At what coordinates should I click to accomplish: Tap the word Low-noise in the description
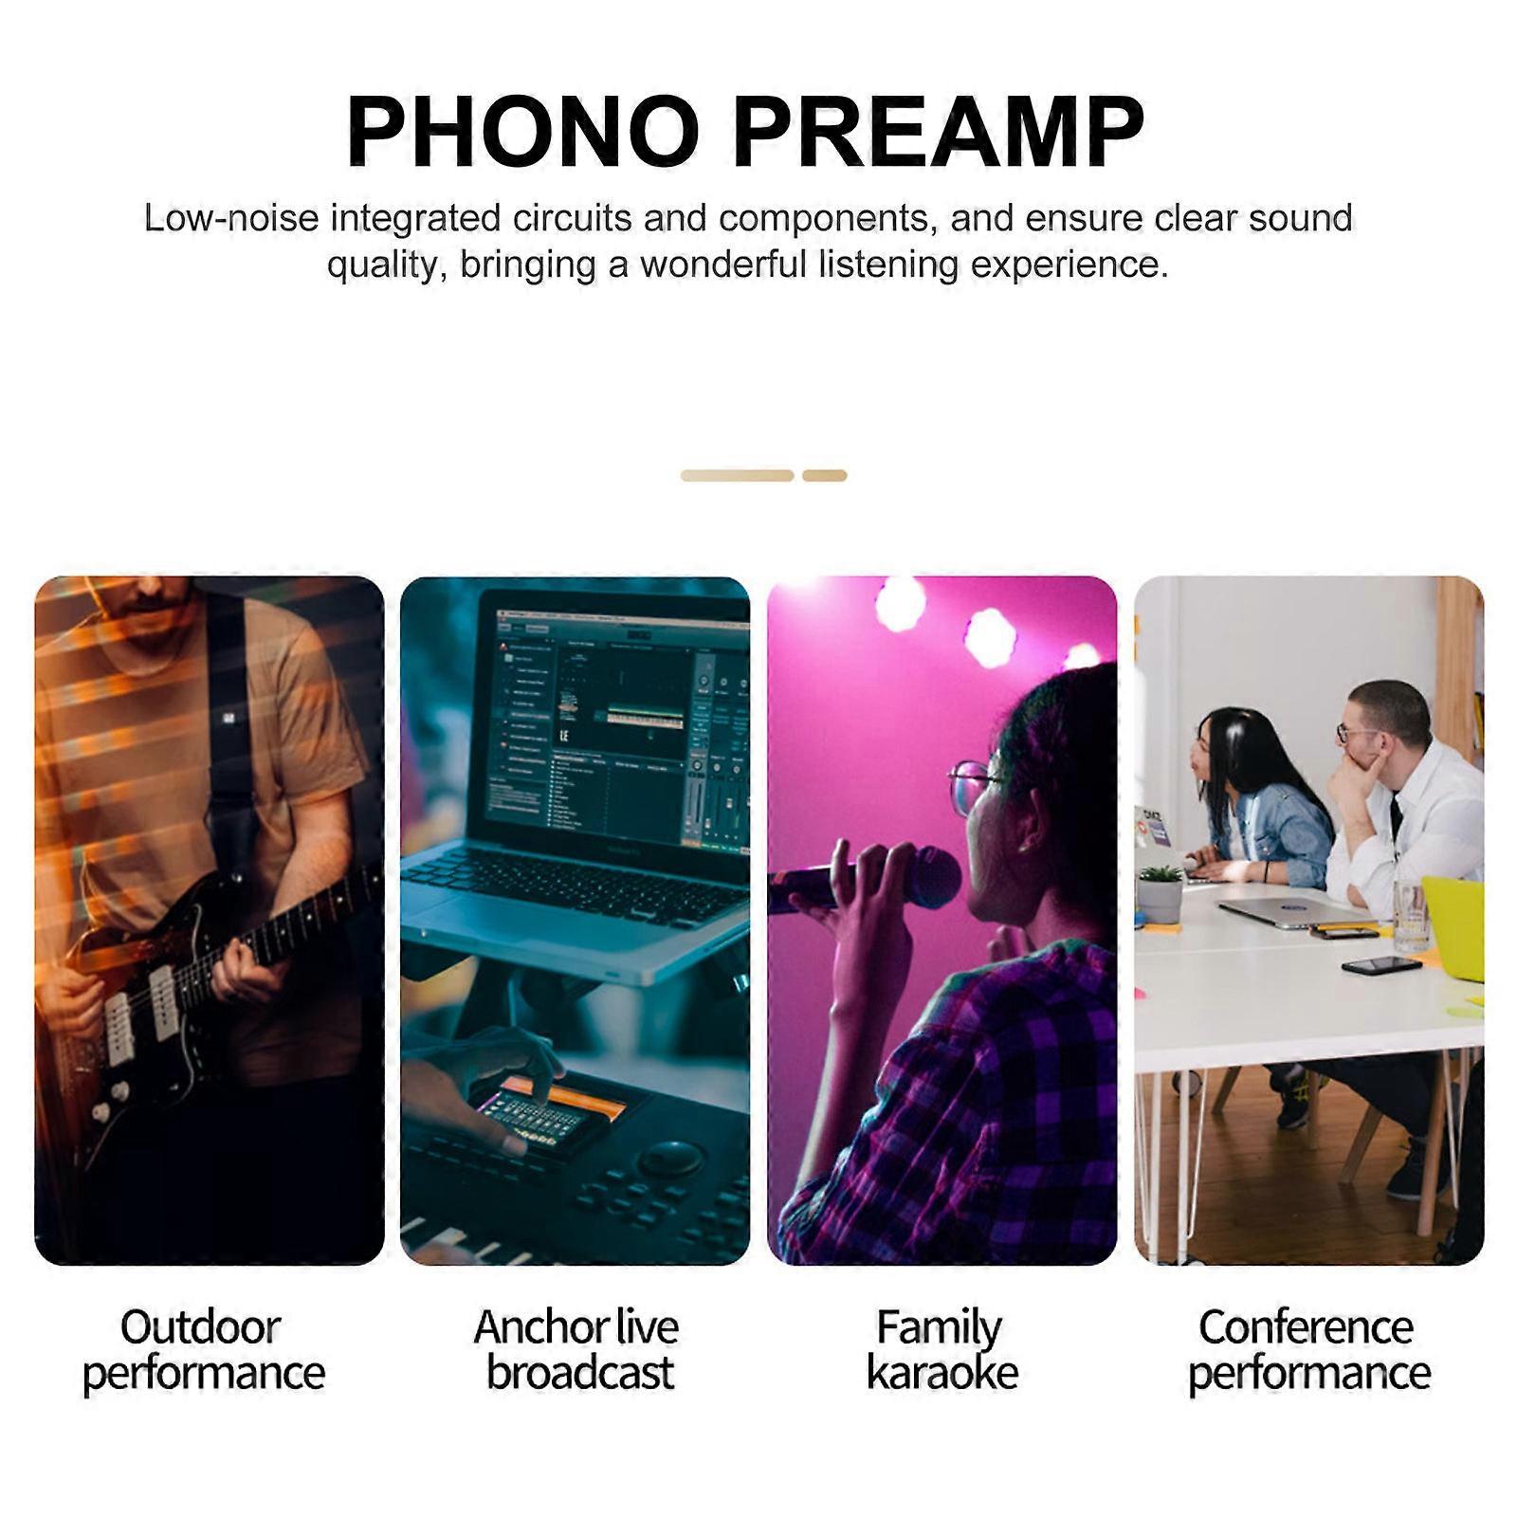[231, 218]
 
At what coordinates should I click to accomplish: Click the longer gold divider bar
[737, 476]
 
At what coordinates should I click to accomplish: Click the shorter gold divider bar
[824, 476]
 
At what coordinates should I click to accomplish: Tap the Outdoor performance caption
[203, 1350]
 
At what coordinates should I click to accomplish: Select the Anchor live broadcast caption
[576, 1349]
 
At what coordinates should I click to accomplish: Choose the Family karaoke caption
[941, 1350]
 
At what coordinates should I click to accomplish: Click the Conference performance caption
[1308, 1350]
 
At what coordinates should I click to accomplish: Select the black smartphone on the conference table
[1381, 965]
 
